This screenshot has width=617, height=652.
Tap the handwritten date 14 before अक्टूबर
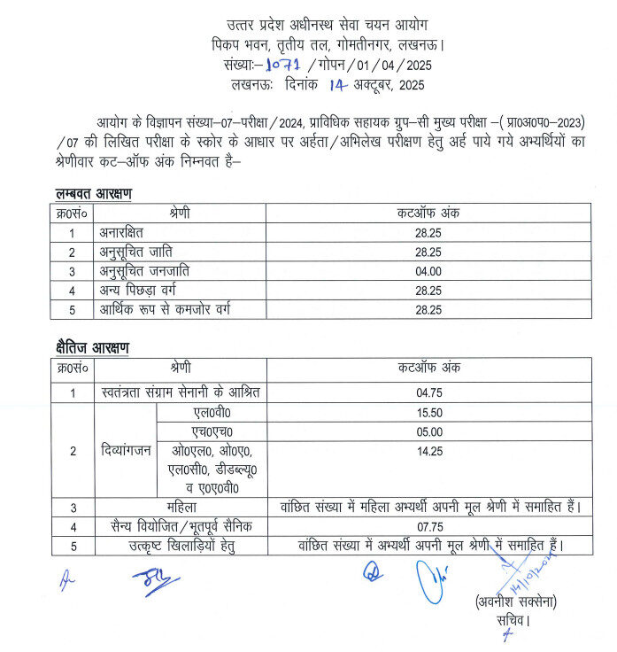(338, 85)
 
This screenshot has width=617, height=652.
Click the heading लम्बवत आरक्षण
(91, 194)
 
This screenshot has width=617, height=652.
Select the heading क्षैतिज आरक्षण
(91, 348)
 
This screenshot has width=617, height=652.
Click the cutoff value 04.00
(428, 271)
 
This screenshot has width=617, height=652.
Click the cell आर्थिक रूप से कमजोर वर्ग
(168, 309)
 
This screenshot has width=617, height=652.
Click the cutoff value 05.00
(428, 431)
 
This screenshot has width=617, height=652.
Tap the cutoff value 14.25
(428, 451)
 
